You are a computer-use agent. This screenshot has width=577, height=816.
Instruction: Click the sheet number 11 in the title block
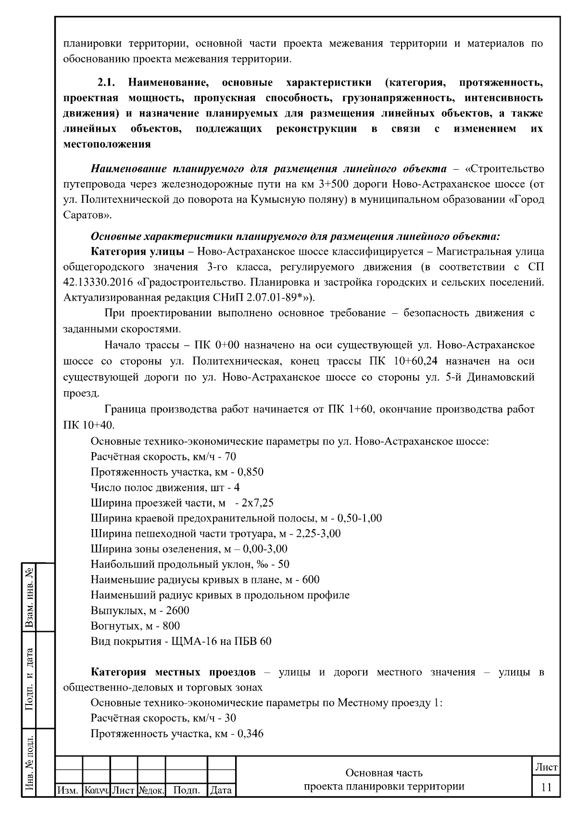(546, 787)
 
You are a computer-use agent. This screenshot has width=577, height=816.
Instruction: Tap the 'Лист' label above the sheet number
(546, 767)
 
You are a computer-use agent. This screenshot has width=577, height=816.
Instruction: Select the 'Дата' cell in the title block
(221, 790)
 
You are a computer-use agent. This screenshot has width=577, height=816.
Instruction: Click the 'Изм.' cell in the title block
(68, 790)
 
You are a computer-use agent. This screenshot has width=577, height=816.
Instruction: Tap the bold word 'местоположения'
(107, 144)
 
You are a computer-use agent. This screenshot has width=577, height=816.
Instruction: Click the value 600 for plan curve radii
(311, 580)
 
